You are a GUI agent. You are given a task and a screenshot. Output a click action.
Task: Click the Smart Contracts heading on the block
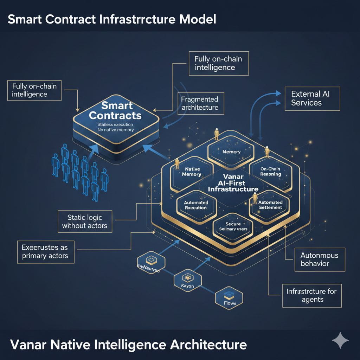pyautogui.click(x=115, y=110)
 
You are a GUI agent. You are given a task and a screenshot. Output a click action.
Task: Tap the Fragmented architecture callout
pyautogui.click(x=199, y=103)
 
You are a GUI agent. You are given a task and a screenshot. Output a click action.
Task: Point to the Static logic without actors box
pyautogui.click(x=85, y=221)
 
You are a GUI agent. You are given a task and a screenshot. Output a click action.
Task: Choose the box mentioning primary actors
pyautogui.click(x=45, y=251)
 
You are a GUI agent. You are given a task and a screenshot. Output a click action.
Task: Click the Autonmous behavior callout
pyautogui.click(x=319, y=259)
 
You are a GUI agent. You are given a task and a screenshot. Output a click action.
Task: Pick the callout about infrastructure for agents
pyautogui.click(x=311, y=295)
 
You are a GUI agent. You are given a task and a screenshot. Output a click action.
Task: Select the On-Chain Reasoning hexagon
pyautogui.click(x=271, y=172)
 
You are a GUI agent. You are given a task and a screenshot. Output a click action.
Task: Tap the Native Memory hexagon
pyautogui.click(x=193, y=172)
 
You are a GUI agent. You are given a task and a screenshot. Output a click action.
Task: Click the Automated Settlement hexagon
pyautogui.click(x=270, y=205)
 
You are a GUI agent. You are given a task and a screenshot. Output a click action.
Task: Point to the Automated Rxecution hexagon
pyautogui.click(x=196, y=205)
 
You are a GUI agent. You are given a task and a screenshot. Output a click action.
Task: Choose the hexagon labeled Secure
pyautogui.click(x=233, y=227)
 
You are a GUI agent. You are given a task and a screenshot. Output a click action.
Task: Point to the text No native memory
pyautogui.click(x=115, y=130)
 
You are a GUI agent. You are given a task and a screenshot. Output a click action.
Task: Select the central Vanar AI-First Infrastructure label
pyautogui.click(x=233, y=183)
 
